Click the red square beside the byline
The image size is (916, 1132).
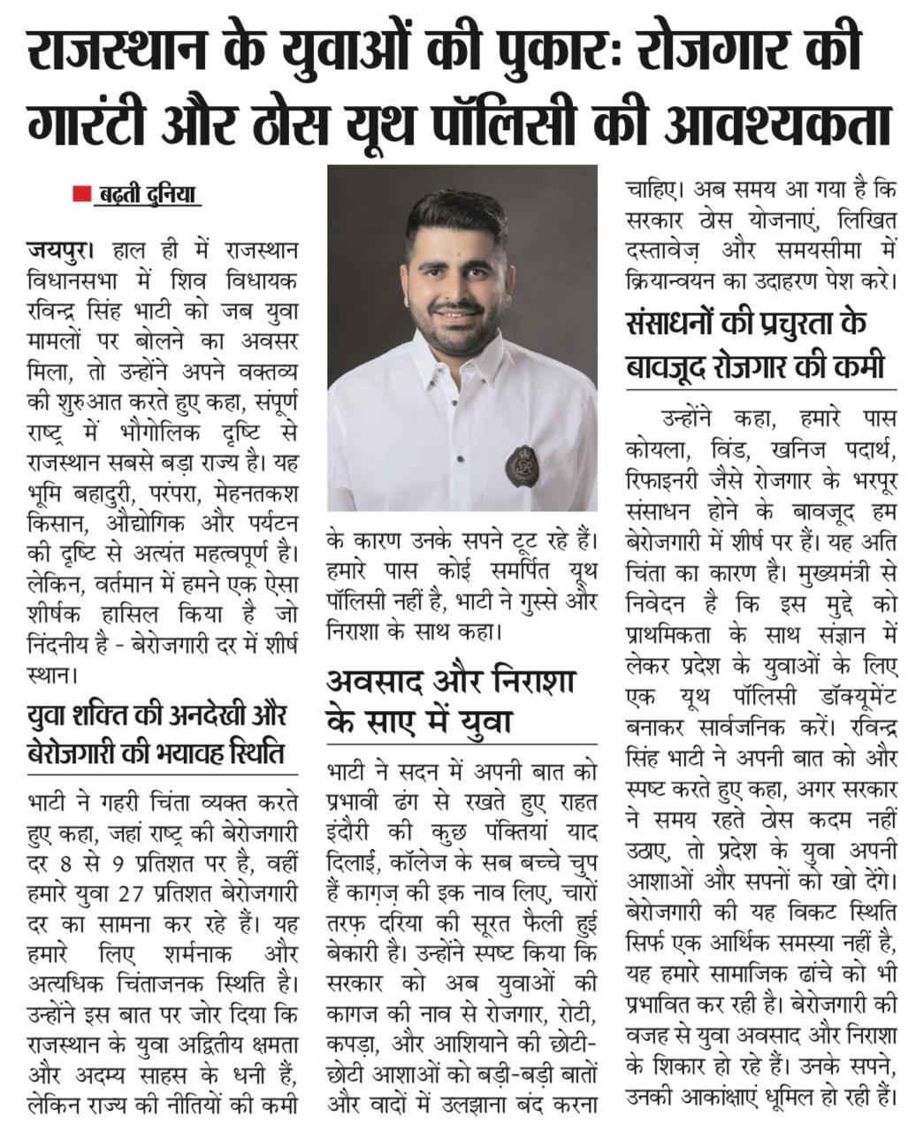81,193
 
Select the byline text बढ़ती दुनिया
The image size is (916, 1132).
147,193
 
